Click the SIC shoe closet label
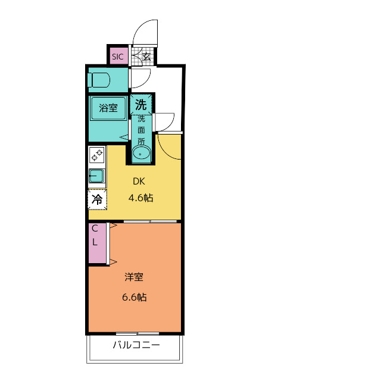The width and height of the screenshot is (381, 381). pyautogui.click(x=118, y=57)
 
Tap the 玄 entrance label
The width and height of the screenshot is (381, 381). pyautogui.click(x=146, y=57)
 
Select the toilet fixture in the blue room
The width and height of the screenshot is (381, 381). pyautogui.click(x=99, y=80)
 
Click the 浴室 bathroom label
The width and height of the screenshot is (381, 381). pyautogui.click(x=108, y=108)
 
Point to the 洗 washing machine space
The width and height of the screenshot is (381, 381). pyautogui.click(x=141, y=105)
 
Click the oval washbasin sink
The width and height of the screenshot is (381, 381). pyautogui.click(x=142, y=153)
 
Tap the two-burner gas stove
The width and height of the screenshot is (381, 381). pyautogui.click(x=96, y=155)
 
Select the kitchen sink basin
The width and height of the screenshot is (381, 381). pyautogui.click(x=96, y=176)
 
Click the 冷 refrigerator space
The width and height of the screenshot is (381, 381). pyautogui.click(x=97, y=199)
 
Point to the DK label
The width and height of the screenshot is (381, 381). pyautogui.click(x=139, y=181)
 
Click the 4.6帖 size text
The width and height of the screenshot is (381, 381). pyautogui.click(x=141, y=198)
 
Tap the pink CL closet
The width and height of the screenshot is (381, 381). pyautogui.click(x=97, y=243)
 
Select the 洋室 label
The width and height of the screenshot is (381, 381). pyautogui.click(x=134, y=277)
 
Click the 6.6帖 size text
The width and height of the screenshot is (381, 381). pyautogui.click(x=135, y=297)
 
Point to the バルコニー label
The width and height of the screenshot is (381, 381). pyautogui.click(x=136, y=345)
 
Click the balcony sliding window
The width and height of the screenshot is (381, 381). pyautogui.click(x=138, y=333)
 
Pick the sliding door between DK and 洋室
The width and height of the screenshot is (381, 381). pyautogui.click(x=150, y=221)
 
